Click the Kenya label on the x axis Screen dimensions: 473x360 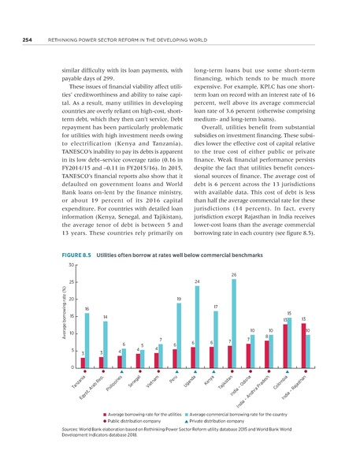click(x=209, y=384)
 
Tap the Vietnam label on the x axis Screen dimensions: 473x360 click(x=154, y=386)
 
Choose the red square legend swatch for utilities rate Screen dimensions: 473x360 click(x=104, y=412)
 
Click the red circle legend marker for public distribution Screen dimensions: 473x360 click(x=104, y=420)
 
